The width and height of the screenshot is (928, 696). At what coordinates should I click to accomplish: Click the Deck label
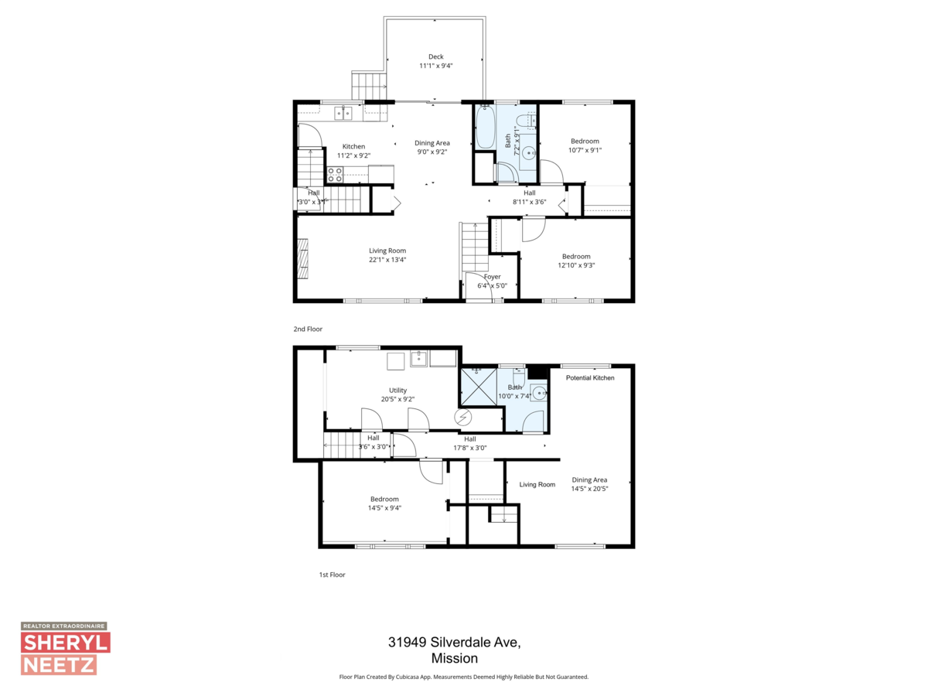435,56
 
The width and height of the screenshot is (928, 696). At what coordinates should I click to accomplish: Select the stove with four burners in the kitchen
336,175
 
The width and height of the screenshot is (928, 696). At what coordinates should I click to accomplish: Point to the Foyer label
493,276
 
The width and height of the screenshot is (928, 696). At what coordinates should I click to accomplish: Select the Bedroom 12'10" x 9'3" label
576,257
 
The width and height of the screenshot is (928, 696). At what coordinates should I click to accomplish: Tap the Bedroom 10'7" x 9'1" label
585,141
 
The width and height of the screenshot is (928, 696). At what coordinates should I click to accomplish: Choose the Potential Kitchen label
590,377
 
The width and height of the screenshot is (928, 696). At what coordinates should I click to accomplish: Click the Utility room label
397,391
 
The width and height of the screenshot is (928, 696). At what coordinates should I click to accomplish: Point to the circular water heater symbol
463,418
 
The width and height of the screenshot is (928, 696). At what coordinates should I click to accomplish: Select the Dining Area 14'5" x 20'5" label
589,480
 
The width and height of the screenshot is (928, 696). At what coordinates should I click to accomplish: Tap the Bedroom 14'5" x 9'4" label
384,499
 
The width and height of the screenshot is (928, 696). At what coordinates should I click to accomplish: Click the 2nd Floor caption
308,329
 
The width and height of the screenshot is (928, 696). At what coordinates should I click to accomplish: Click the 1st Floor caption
332,575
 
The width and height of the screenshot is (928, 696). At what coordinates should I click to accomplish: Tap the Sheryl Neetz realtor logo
65,649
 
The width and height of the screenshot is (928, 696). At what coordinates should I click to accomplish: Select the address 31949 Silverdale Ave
455,643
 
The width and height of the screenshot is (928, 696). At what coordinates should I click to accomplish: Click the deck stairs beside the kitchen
368,84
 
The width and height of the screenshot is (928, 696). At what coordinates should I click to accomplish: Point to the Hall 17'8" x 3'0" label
469,439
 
